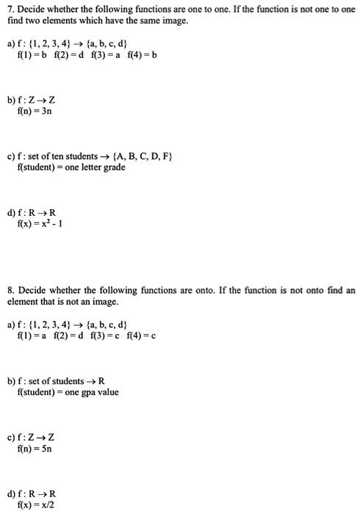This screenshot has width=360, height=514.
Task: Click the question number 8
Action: tap(10, 291)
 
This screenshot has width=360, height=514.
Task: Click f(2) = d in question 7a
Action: tap(67, 56)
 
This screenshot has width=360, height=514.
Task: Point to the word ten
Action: tap(56, 156)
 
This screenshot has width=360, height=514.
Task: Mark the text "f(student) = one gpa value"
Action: tap(67, 392)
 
